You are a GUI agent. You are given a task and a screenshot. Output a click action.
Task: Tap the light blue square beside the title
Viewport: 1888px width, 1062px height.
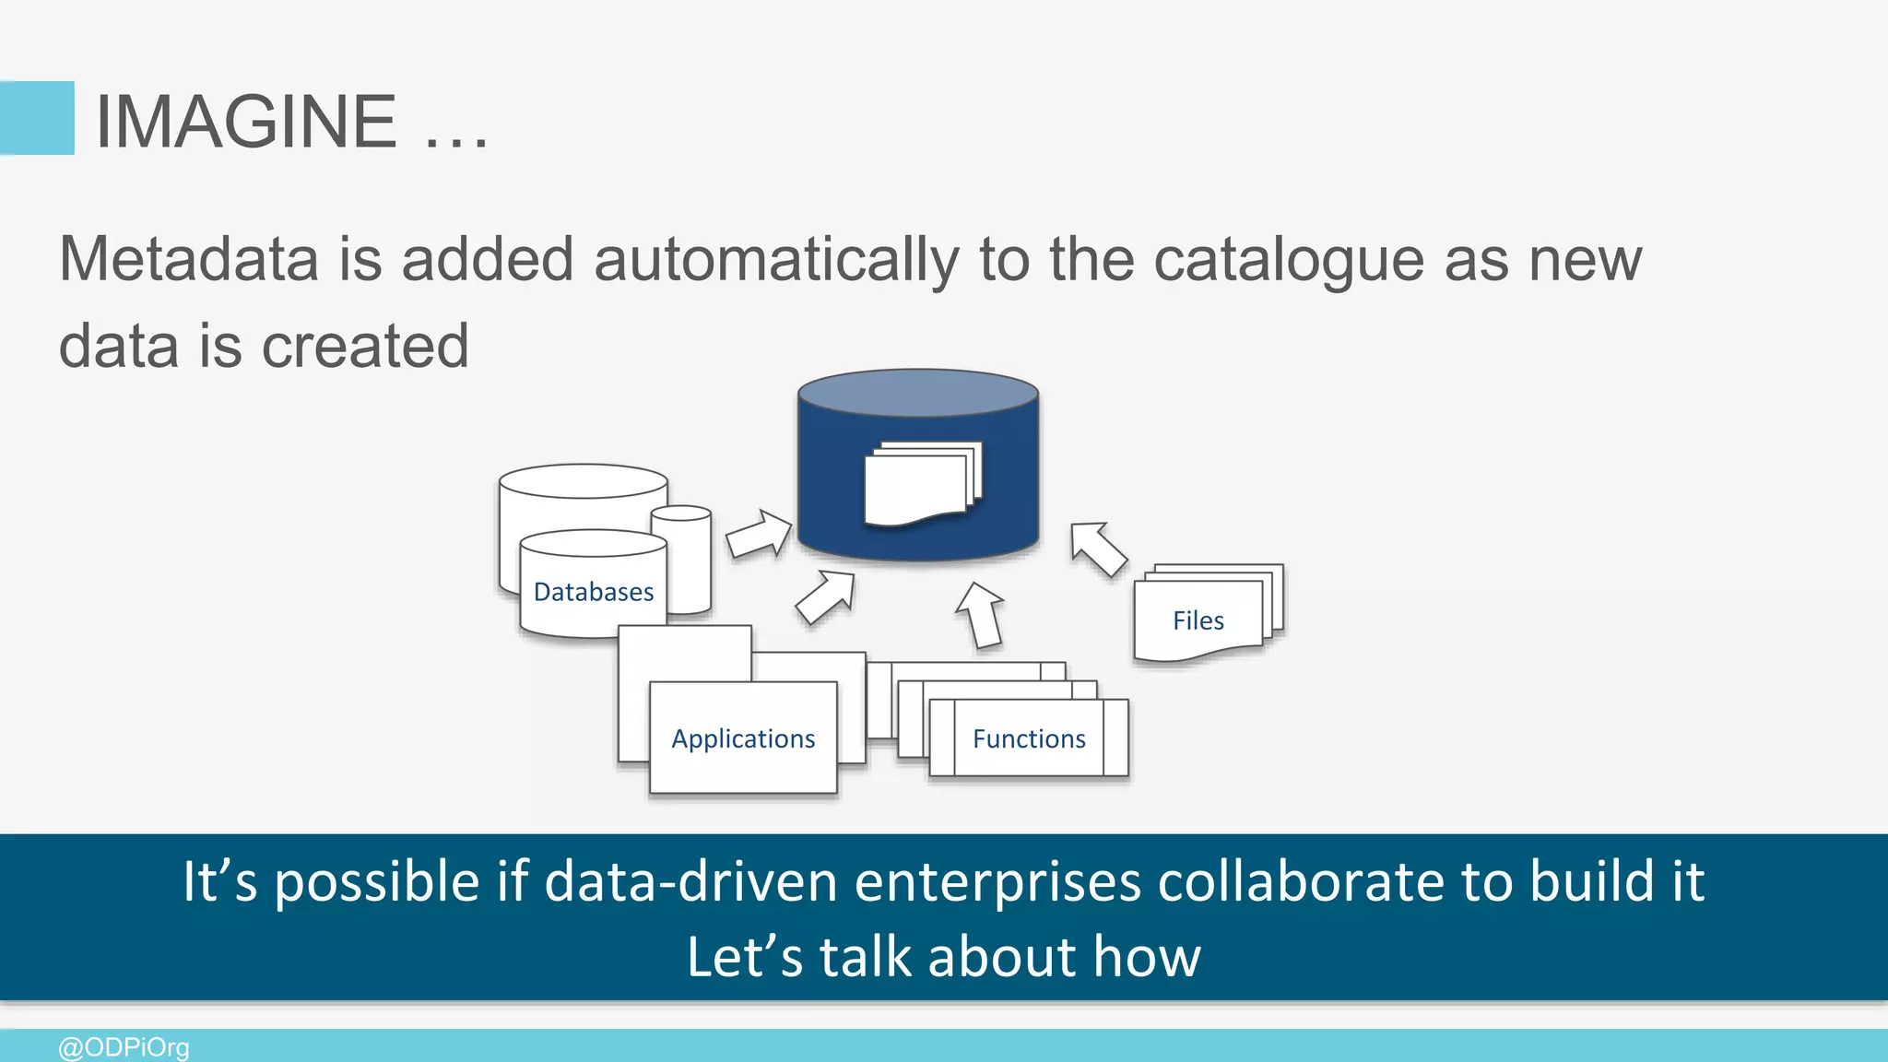click(37, 118)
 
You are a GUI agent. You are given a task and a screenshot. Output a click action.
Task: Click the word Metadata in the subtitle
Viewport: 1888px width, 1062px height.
click(188, 259)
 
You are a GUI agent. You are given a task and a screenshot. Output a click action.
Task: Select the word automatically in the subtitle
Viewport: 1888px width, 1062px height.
click(775, 261)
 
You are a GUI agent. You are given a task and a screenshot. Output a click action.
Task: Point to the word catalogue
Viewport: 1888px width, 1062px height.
click(1289, 261)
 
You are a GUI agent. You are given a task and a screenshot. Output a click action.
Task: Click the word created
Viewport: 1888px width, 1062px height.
click(365, 347)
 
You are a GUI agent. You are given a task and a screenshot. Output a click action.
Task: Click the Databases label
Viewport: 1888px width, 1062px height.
click(593, 592)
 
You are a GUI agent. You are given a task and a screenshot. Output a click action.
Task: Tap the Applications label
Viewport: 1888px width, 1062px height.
click(743, 738)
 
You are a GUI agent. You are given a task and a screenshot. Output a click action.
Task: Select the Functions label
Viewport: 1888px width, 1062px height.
click(1029, 738)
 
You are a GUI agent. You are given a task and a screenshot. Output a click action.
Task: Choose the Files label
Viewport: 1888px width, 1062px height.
click(1198, 620)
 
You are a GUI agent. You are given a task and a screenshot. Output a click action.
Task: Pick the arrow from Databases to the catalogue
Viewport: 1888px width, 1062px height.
click(759, 535)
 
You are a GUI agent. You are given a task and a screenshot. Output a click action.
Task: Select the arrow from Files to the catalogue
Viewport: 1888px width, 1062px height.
click(1097, 549)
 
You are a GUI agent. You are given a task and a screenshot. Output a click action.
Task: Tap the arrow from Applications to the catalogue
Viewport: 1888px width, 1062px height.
click(826, 596)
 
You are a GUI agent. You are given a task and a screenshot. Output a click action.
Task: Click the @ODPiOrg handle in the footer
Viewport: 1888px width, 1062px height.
click(124, 1047)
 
